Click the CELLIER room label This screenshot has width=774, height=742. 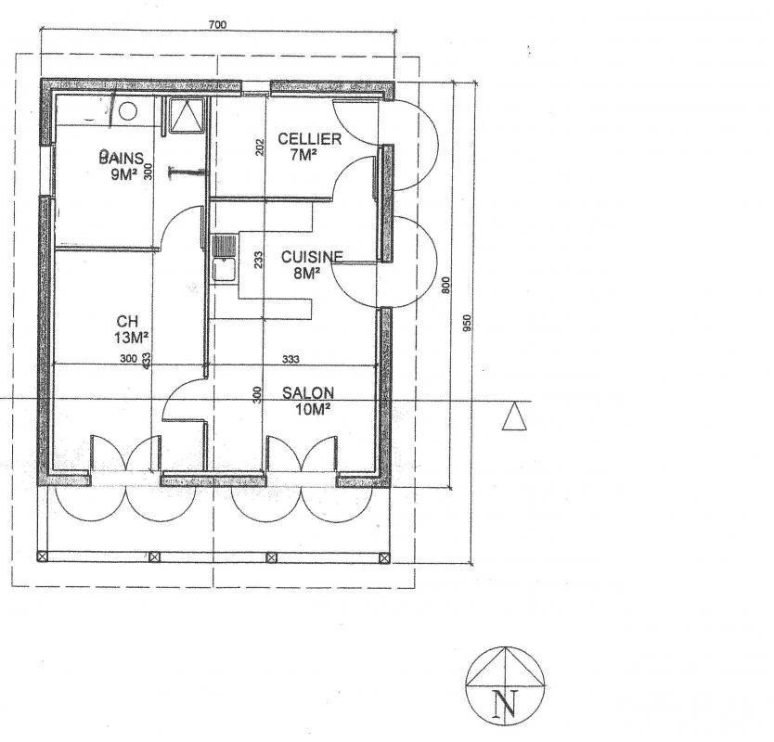(x=309, y=138)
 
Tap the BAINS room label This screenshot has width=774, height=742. (x=122, y=158)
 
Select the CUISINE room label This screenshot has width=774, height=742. (x=312, y=257)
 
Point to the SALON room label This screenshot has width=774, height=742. (x=308, y=392)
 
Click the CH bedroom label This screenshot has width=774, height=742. (x=127, y=322)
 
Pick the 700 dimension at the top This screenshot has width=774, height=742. (x=217, y=25)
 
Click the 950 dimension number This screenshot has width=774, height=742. (x=468, y=323)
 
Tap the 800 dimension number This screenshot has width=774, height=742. (x=445, y=285)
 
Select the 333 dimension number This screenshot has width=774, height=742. (x=290, y=359)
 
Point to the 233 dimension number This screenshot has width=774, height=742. (x=258, y=260)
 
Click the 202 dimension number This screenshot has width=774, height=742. (x=260, y=147)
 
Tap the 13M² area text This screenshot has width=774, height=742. (x=131, y=338)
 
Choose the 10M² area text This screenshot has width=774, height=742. (x=313, y=409)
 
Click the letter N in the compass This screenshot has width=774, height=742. (x=506, y=704)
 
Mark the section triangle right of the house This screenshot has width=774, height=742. (x=514, y=416)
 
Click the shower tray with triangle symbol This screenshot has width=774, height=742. (x=187, y=115)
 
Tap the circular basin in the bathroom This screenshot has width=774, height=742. (x=128, y=111)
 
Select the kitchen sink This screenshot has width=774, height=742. (x=224, y=259)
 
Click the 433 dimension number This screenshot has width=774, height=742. (x=146, y=360)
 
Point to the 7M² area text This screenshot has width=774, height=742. (x=303, y=154)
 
